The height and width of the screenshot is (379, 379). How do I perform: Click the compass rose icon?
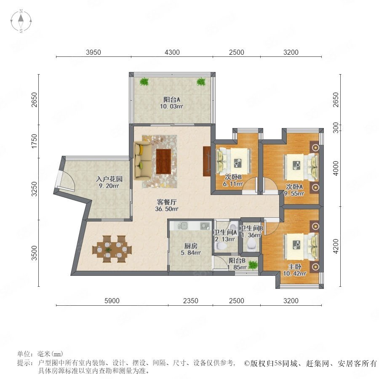pos(21,21)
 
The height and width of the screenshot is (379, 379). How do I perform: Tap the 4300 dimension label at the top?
pos(172,52)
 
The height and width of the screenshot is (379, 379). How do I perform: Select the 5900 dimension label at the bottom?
pos(112,301)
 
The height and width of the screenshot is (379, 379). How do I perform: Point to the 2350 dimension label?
pos(190,301)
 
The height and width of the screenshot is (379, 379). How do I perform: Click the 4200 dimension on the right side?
pos(336,246)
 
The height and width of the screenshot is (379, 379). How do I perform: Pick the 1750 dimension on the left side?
pos(35,141)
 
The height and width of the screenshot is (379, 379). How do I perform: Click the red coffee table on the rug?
pos(164,161)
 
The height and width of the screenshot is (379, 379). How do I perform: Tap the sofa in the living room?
pos(143,160)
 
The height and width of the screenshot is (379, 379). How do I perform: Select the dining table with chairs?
pos(112,249)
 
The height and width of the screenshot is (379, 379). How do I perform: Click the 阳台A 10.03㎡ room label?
pos(171,103)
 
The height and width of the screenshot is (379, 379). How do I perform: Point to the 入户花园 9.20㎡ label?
pos(109,182)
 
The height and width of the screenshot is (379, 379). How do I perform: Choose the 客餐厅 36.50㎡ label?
pos(167,206)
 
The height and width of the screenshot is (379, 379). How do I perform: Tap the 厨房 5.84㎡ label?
pos(191,249)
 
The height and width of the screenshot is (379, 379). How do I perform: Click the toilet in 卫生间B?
pos(251,245)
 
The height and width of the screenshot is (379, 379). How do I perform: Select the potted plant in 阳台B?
pos(253,265)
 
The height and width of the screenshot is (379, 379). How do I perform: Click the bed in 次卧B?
pos(233,161)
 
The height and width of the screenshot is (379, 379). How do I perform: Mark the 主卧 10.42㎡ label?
pos(295,270)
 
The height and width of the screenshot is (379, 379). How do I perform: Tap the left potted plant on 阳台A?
pos(144,82)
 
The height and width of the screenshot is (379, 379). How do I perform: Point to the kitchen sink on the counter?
pos(184,226)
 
